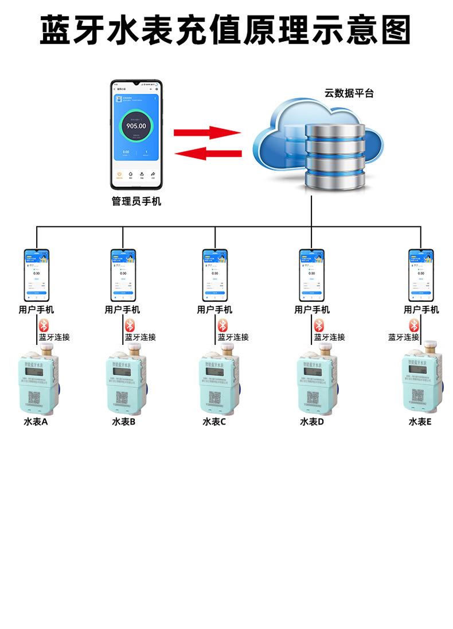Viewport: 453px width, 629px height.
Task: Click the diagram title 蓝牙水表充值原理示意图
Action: pyautogui.click(x=226, y=30)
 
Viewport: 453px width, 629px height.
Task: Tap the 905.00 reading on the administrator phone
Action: pyautogui.click(x=136, y=126)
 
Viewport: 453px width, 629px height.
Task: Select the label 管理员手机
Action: pyautogui.click(x=136, y=202)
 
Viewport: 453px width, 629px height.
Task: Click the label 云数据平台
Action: pyautogui.click(x=349, y=93)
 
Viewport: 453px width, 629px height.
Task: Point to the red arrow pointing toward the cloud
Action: pyautogui.click(x=207, y=133)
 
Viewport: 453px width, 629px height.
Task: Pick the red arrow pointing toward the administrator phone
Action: pyautogui.click(x=207, y=153)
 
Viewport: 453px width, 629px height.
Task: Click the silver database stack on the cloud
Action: pyautogui.click(x=335, y=156)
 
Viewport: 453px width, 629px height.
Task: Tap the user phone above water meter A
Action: pyautogui.click(x=37, y=275)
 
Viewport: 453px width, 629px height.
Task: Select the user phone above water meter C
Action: pyautogui.click(x=215, y=275)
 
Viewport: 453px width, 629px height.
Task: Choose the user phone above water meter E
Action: pyautogui.click(x=421, y=275)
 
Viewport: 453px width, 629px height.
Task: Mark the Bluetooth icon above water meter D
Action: pyautogui.click(x=319, y=325)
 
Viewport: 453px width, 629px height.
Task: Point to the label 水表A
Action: pyautogui.click(x=36, y=422)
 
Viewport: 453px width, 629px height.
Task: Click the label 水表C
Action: pyautogui.click(x=214, y=422)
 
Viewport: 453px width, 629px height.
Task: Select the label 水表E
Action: pyautogui.click(x=420, y=422)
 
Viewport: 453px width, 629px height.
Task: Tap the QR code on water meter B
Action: pyautogui.click(x=123, y=397)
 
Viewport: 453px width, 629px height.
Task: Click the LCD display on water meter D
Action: pyautogui.click(x=312, y=372)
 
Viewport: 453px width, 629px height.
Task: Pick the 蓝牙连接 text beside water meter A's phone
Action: pyautogui.click(x=54, y=337)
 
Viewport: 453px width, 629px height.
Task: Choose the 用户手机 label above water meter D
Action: pyautogui.click(x=312, y=310)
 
